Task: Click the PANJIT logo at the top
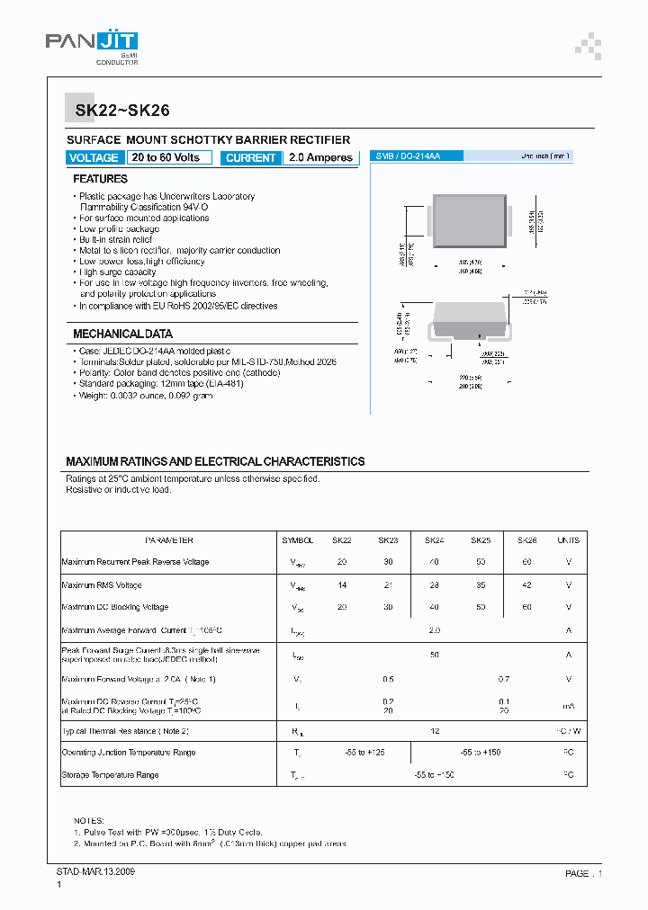[92, 46]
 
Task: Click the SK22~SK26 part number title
[111, 112]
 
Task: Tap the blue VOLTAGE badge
[94, 157]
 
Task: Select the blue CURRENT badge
[251, 157]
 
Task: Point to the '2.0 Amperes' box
[320, 157]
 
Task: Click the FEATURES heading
[100, 179]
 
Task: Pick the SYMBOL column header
[298, 540]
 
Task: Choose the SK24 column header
[435, 540]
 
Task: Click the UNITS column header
[568, 540]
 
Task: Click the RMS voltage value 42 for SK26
[526, 584]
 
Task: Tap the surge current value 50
[435, 655]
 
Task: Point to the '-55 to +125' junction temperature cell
[365, 753]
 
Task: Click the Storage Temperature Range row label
[111, 775]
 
